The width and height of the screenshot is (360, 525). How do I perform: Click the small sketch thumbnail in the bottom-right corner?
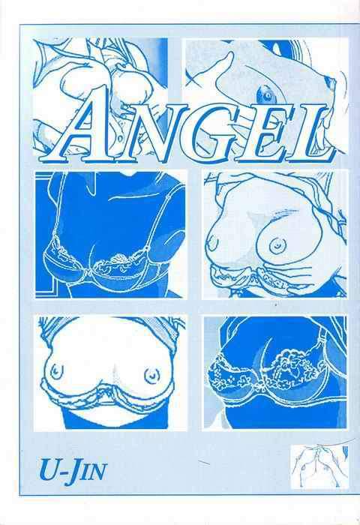click(x=319, y=466)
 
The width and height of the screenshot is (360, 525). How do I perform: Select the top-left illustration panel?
click(x=100, y=97)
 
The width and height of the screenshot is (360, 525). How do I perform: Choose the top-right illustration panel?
click(x=267, y=97)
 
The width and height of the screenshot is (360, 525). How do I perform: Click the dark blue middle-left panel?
click(x=110, y=234)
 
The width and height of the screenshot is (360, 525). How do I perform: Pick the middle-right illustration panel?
click(x=275, y=234)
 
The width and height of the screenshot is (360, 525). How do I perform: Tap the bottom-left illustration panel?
click(x=110, y=373)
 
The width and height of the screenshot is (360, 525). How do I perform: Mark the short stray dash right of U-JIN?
click(x=204, y=463)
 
